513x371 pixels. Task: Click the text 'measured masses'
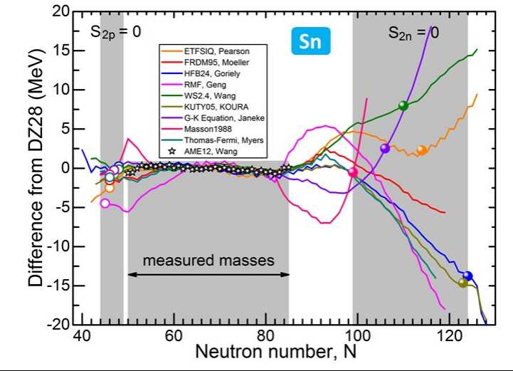[x=208, y=261]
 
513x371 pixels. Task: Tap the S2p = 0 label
[x=110, y=32]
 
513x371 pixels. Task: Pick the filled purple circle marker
[x=385, y=148]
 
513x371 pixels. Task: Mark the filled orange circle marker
[x=421, y=150]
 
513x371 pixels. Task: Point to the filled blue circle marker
[x=467, y=276]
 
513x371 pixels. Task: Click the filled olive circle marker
[x=462, y=283]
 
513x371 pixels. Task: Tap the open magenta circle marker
[x=105, y=203]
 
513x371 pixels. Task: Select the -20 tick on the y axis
[x=65, y=325]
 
